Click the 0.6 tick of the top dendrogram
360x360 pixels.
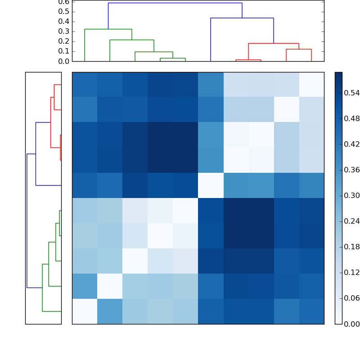[x=64, y=2]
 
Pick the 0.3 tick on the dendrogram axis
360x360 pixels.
[x=64, y=31]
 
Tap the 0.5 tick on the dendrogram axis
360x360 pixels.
[x=64, y=12]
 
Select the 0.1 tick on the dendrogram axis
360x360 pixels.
[x=64, y=51]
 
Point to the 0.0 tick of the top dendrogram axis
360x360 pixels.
[x=64, y=61]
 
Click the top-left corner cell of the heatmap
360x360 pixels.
[x=85, y=85]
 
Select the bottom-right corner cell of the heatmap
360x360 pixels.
[x=311, y=311]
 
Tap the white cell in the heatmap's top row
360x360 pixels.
[x=311, y=85]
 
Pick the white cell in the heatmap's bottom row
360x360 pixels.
[x=85, y=311]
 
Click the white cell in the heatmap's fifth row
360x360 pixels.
[x=211, y=185]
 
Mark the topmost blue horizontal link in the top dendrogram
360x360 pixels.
[x=175, y=3]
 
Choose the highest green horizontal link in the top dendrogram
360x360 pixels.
[x=108, y=29]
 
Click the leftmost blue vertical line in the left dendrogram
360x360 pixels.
[x=27, y=220]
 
